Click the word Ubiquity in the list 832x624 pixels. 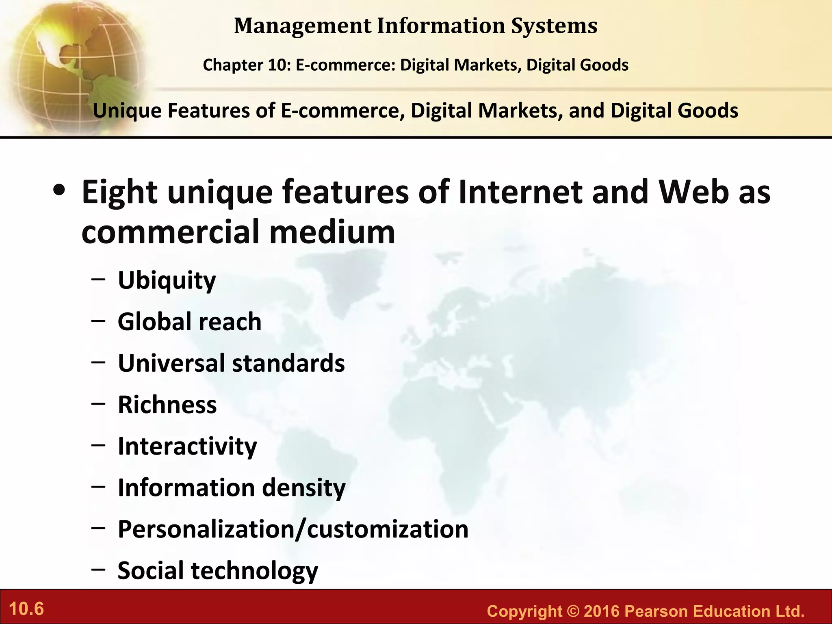[x=167, y=281]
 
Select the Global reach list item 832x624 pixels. [x=189, y=322]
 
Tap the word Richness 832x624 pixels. [x=167, y=405]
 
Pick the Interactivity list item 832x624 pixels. [x=187, y=446]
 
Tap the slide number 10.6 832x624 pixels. [x=26, y=609]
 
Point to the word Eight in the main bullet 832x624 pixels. [x=119, y=192]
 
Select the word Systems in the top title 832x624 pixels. [x=554, y=26]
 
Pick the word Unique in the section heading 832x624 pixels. [x=127, y=111]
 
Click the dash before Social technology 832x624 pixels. [x=99, y=570]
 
